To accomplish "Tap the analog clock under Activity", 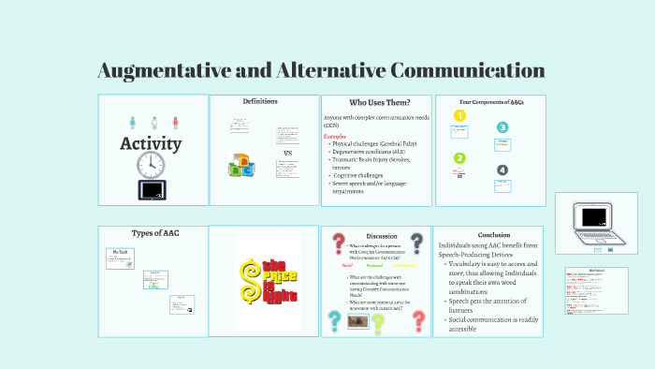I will [152, 165].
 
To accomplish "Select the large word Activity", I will [151, 144].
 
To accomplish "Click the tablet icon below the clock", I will [152, 190].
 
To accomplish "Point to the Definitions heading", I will [260, 101].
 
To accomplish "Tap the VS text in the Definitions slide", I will [287, 153].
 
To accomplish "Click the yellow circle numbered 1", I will [459, 116].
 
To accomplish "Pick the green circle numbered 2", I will [459, 158].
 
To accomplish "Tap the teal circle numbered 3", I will [502, 128].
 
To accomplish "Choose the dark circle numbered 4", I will [502, 170].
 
